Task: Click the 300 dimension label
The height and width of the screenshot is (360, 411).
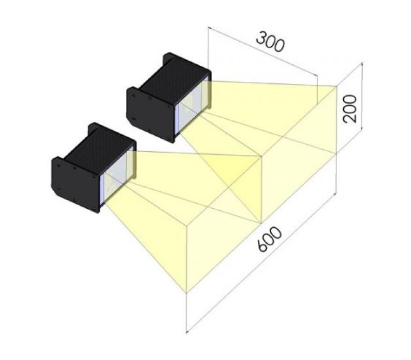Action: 270,42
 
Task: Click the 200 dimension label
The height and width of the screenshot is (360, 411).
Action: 350,109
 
